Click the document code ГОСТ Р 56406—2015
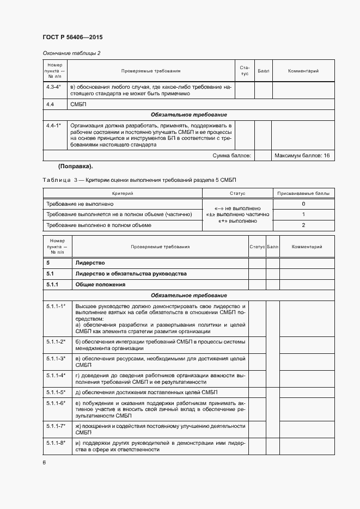coord(72,37)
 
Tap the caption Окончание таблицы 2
coord(72,53)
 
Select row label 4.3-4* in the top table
coord(53,87)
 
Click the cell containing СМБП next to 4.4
coord(78,104)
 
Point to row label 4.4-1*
coord(53,125)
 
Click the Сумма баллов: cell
coord(231,156)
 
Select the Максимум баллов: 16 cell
coord(302,156)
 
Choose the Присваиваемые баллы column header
coord(303,193)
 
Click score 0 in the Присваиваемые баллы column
coord(303,204)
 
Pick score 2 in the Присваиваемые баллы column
coord(303,225)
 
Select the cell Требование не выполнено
coord(80,204)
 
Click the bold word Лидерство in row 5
coord(90,263)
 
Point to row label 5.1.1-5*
coord(56,392)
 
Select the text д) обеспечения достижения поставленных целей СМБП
coord(147,392)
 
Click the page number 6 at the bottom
coord(44,463)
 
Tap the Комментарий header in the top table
coord(303,71)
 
